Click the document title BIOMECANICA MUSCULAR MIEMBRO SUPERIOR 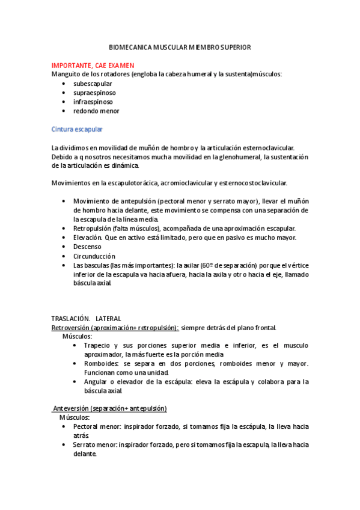(180, 47)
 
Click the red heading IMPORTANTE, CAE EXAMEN (93, 66)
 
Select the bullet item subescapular (93, 84)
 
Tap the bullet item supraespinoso (94, 93)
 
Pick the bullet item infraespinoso (93, 102)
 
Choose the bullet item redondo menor (96, 111)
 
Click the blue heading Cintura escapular (77, 129)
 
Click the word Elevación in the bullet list (87, 238)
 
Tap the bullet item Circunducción (94, 256)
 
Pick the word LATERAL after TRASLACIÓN (108, 318)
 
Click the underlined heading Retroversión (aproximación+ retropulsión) (115, 328)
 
